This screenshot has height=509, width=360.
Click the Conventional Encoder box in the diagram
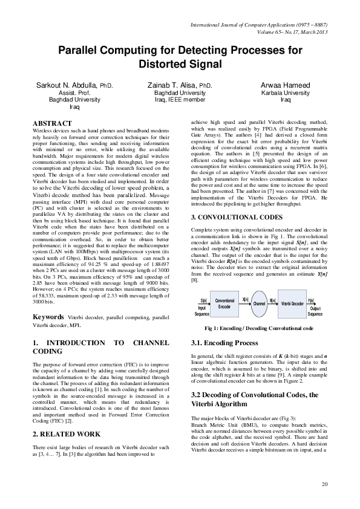(224, 304)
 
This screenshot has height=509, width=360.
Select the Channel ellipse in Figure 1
(259, 304)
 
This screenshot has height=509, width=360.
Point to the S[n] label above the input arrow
(203, 300)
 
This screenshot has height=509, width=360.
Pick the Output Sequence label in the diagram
(315, 311)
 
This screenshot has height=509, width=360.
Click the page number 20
(325, 484)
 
